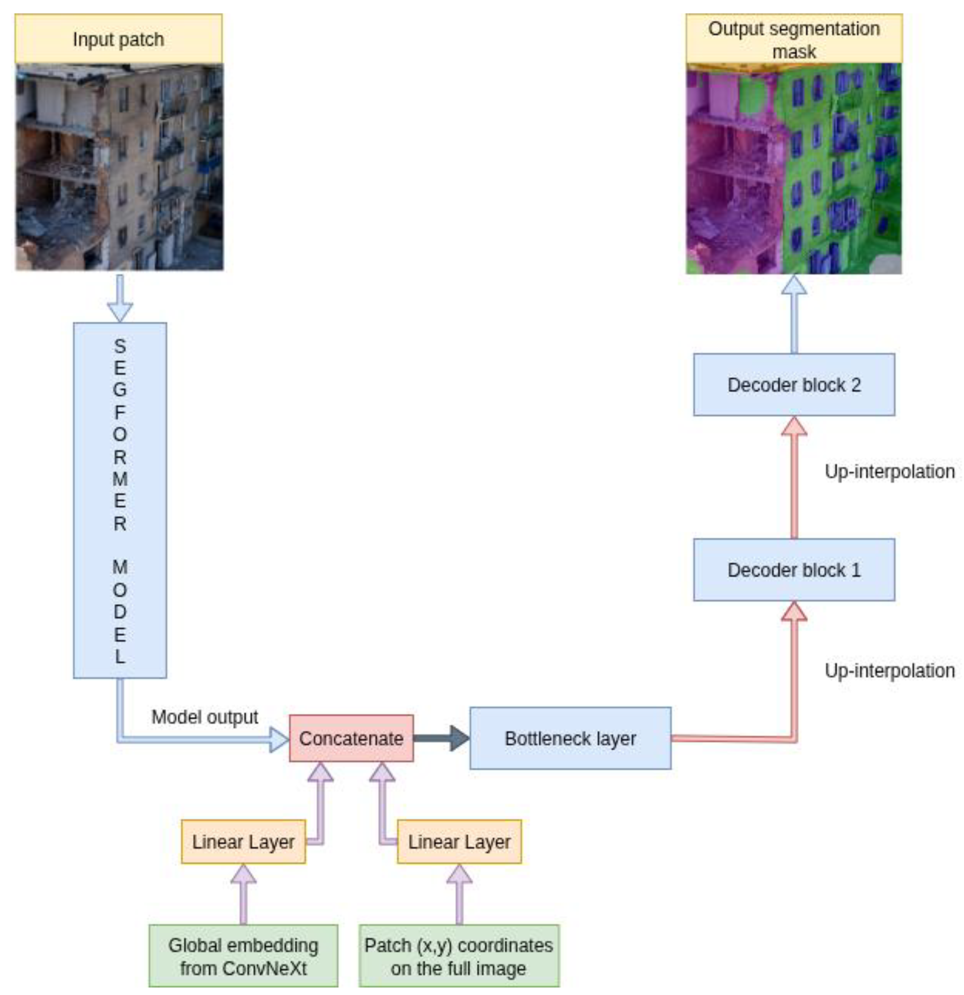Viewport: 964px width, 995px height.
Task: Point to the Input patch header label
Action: pos(118,39)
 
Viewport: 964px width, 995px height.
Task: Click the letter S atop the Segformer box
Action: pos(120,346)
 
